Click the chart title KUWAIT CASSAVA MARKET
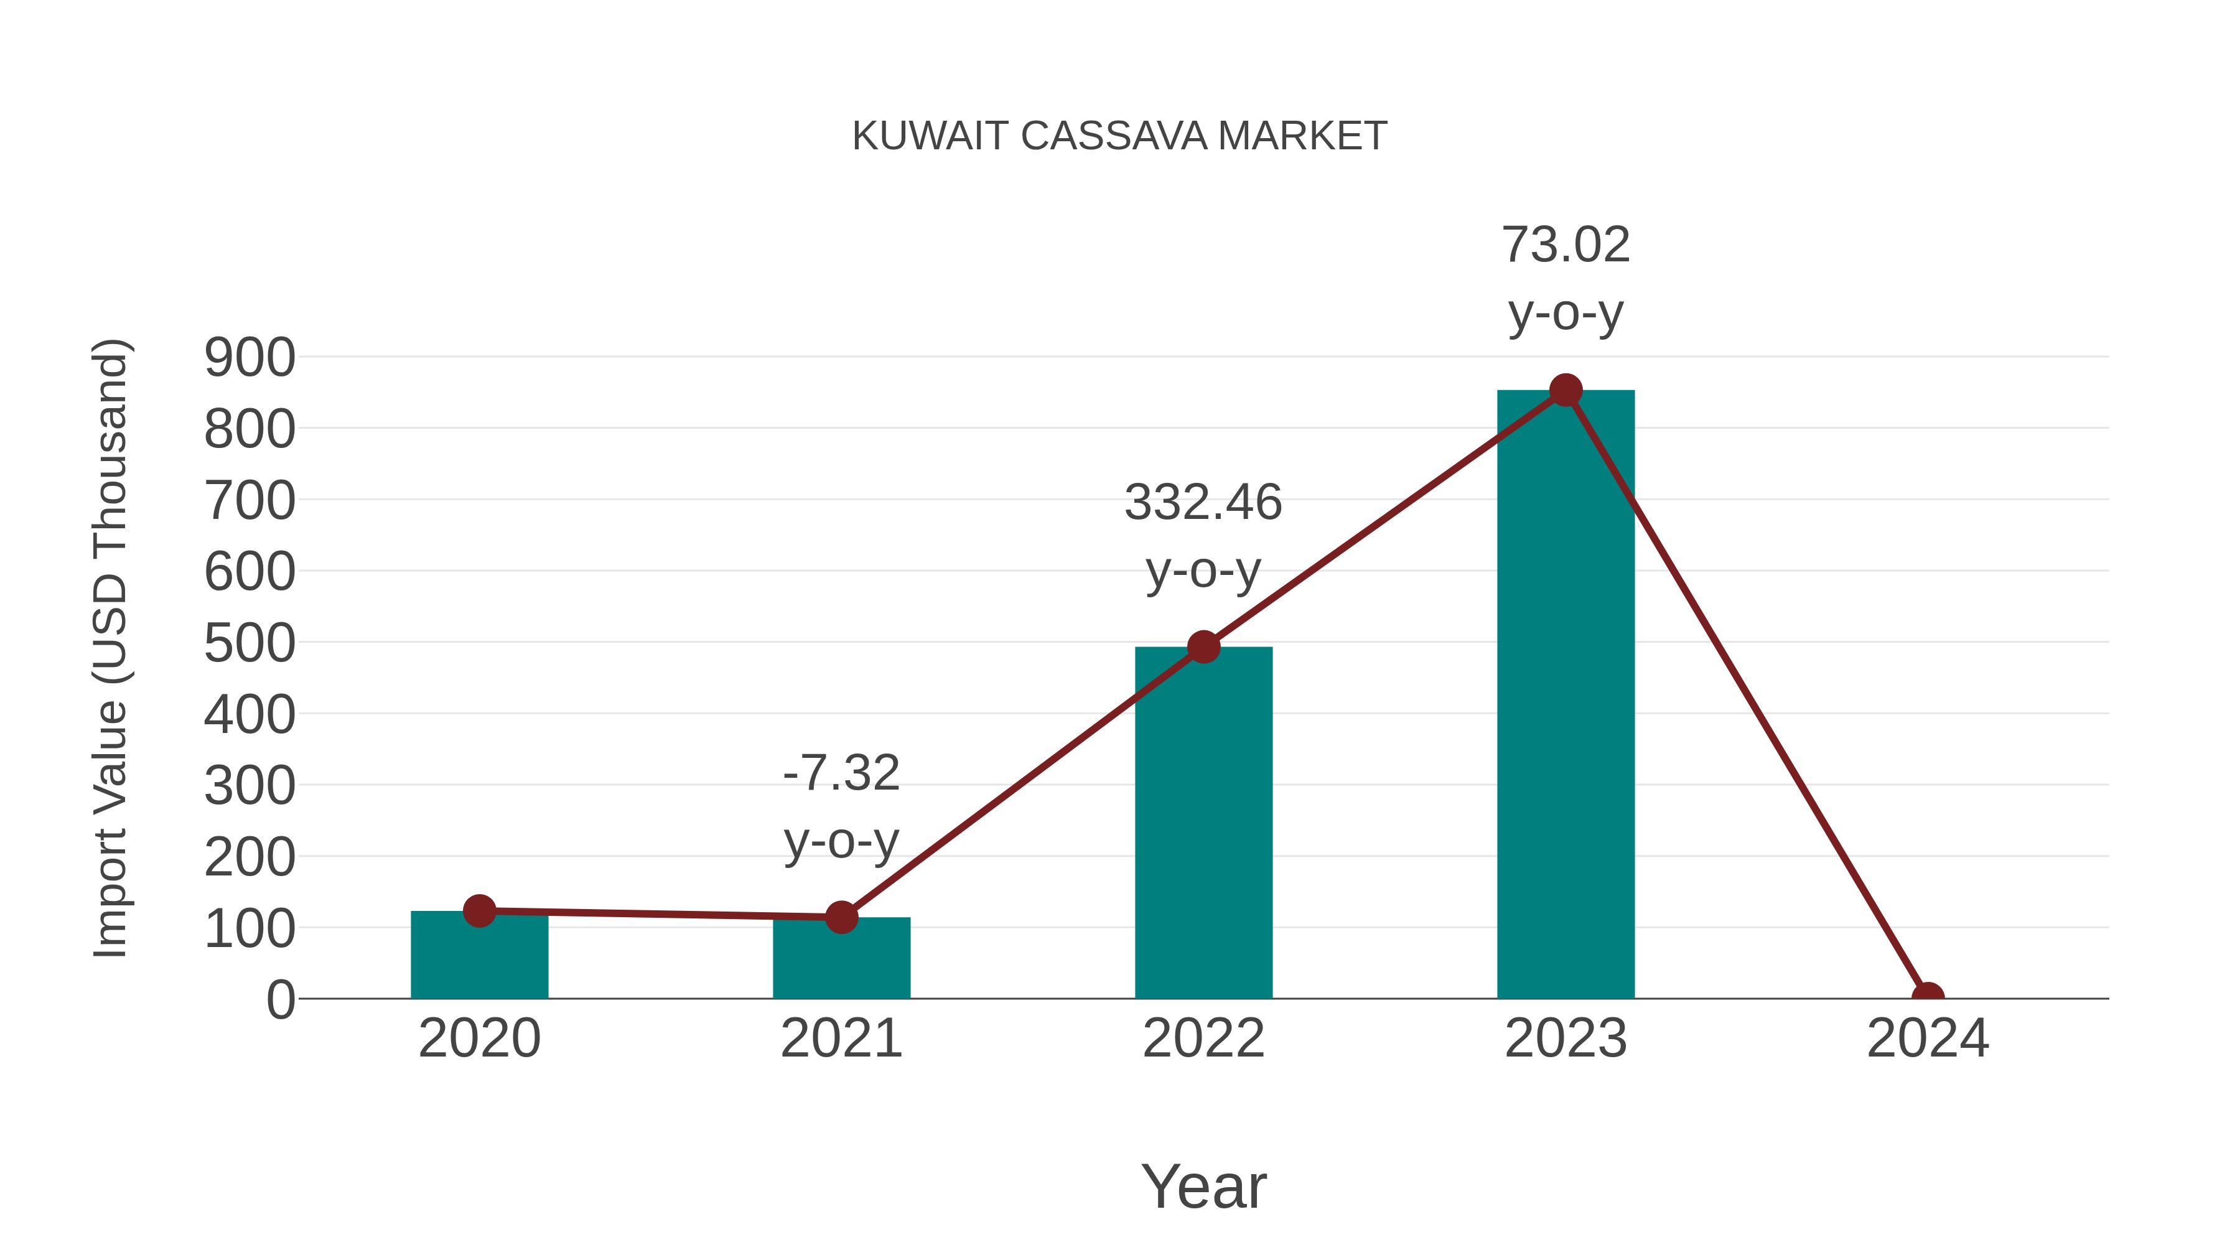(x=1119, y=136)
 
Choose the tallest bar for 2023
(x=1566, y=696)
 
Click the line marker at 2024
(x=1928, y=997)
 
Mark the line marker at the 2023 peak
(x=1566, y=390)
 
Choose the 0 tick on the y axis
(x=281, y=1000)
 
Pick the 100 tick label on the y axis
(x=250, y=929)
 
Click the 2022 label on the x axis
(x=1203, y=1038)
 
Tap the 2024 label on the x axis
(x=1928, y=1038)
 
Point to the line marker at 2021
(x=841, y=917)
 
